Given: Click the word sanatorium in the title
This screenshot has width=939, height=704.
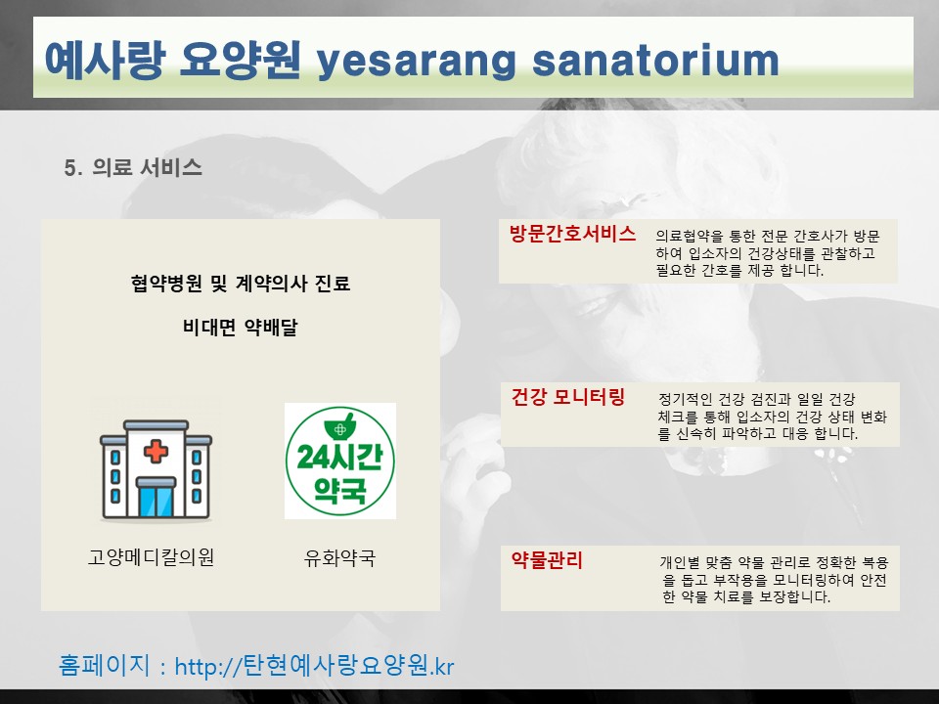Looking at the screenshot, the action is [x=655, y=61].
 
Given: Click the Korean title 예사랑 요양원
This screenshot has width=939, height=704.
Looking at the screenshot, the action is [x=172, y=60].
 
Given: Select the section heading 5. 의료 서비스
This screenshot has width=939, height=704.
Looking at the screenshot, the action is [x=133, y=167].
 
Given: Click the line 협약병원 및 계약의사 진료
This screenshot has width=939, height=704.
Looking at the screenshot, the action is [x=241, y=283].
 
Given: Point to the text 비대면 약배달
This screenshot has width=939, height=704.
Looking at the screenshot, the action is [x=241, y=327].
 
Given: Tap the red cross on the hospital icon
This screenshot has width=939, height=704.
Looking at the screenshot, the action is [x=156, y=451].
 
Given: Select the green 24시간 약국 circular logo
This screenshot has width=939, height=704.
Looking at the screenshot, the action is [x=340, y=461].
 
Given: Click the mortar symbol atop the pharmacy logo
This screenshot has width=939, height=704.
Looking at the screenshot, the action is [x=340, y=425].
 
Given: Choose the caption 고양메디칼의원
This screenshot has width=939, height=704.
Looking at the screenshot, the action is [x=151, y=557].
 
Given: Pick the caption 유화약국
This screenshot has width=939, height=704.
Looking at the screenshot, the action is [x=339, y=557].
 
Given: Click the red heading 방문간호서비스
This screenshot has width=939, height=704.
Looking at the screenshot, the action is [x=572, y=234].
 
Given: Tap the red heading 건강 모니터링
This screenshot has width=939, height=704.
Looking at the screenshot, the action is [x=567, y=396].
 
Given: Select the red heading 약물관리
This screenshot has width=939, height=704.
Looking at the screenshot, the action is [x=547, y=560].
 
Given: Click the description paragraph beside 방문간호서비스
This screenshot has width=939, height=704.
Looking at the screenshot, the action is [x=767, y=253].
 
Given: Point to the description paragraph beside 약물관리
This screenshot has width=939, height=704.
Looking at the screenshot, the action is [x=774, y=580].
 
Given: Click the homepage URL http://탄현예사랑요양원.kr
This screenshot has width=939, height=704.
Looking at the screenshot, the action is [x=314, y=666].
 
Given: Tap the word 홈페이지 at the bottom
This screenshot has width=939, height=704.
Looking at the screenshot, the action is [x=105, y=665].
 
